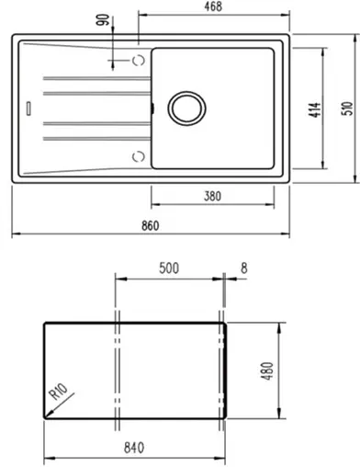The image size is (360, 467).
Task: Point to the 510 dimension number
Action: point(346,109)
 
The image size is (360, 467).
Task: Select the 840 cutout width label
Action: point(135,448)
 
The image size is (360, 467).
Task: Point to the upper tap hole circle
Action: point(140,61)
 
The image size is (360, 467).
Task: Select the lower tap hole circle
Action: point(140,153)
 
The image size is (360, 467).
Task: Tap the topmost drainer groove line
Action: point(89,74)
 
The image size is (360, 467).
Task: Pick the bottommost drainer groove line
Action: point(89,138)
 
